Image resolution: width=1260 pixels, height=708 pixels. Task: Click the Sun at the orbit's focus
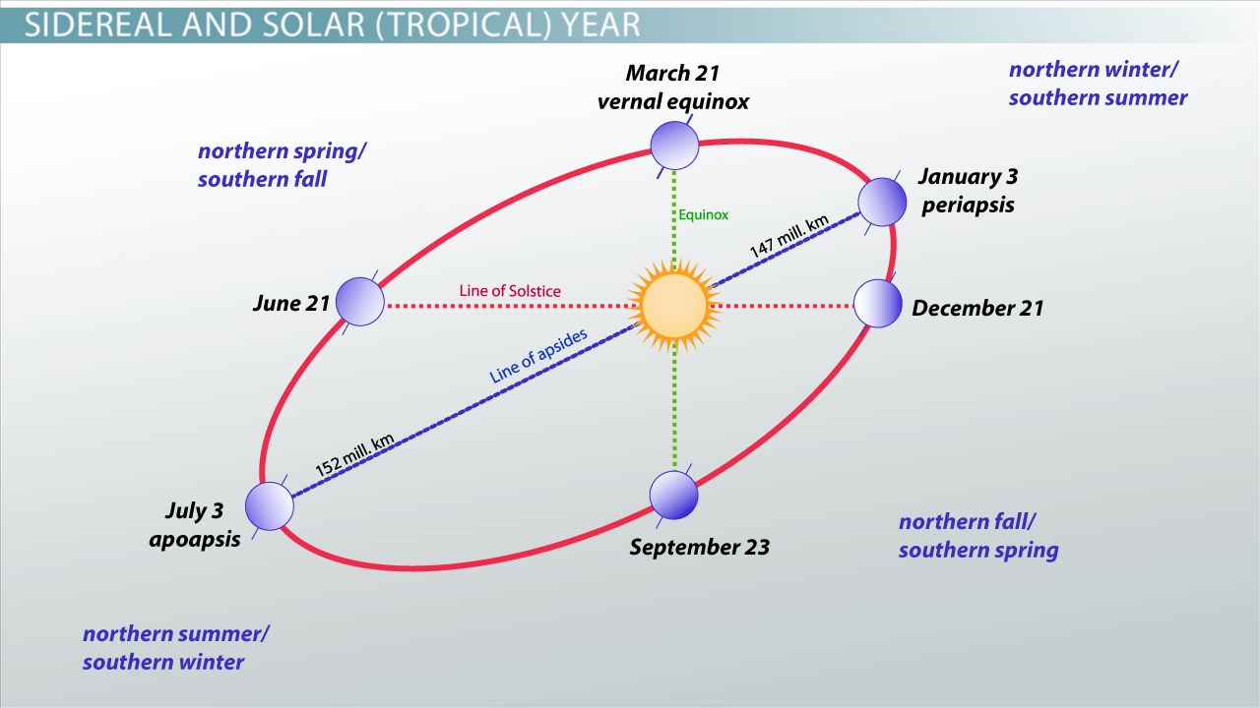click(674, 305)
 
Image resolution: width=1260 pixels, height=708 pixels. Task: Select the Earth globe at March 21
click(674, 146)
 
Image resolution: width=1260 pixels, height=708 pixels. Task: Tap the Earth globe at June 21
click(359, 301)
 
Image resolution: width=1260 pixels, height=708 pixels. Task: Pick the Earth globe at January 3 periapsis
click(882, 201)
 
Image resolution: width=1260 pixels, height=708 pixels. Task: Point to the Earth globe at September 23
click(674, 495)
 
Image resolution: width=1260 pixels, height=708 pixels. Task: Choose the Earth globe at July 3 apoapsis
click(269, 506)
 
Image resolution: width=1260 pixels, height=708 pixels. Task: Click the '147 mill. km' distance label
click(789, 236)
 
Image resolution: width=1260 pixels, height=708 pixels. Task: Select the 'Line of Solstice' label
click(510, 291)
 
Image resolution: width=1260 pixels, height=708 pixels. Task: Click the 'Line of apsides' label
click(538, 356)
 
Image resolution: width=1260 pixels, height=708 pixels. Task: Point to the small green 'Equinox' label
click(704, 214)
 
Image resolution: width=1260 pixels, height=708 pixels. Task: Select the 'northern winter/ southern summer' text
click(1098, 84)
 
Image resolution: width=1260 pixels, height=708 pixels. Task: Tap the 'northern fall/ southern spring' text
click(977, 536)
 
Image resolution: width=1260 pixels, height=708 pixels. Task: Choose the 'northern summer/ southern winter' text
click(175, 648)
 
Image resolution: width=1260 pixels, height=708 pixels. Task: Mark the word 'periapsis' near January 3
click(968, 206)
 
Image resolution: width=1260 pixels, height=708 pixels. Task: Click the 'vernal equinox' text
click(673, 101)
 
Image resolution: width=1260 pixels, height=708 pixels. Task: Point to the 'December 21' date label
click(977, 308)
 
